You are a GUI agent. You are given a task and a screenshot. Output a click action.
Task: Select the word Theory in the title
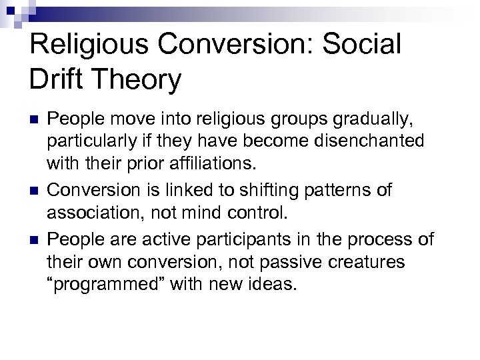138,81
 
